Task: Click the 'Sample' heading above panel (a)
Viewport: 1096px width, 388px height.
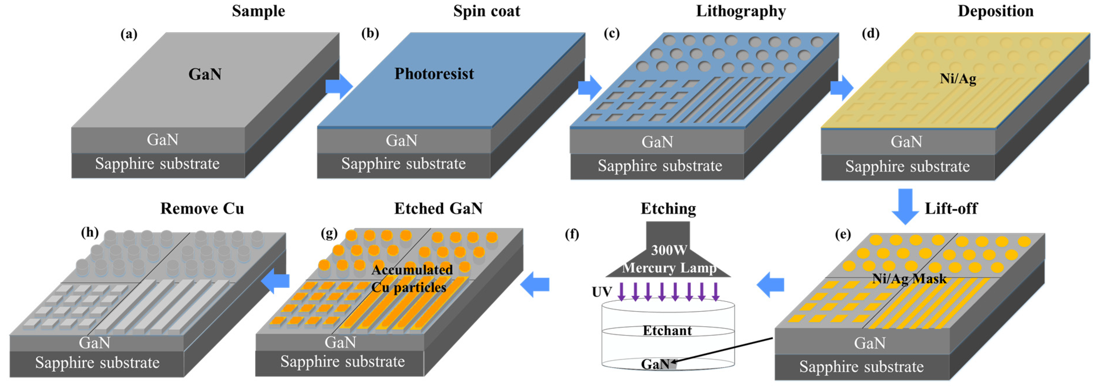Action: coord(258,11)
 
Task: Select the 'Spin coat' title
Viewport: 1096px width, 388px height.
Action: coord(486,11)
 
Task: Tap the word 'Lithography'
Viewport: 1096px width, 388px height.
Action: coord(741,11)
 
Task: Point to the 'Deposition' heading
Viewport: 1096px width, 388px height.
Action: coord(995,11)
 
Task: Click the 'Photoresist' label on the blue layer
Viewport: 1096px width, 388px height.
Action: coord(434,74)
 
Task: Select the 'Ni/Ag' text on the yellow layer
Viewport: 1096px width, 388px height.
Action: coord(958,78)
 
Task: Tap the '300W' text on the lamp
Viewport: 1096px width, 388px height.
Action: coord(668,250)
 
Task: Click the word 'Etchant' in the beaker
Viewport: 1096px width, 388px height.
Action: coord(667,331)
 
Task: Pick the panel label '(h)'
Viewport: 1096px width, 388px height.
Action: coord(90,232)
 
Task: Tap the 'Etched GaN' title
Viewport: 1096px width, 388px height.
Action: coord(438,208)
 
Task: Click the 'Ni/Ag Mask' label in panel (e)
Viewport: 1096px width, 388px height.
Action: coord(909,279)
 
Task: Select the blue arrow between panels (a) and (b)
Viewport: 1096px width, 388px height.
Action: coord(339,85)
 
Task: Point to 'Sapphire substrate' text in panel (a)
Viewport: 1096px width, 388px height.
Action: coord(157,164)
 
